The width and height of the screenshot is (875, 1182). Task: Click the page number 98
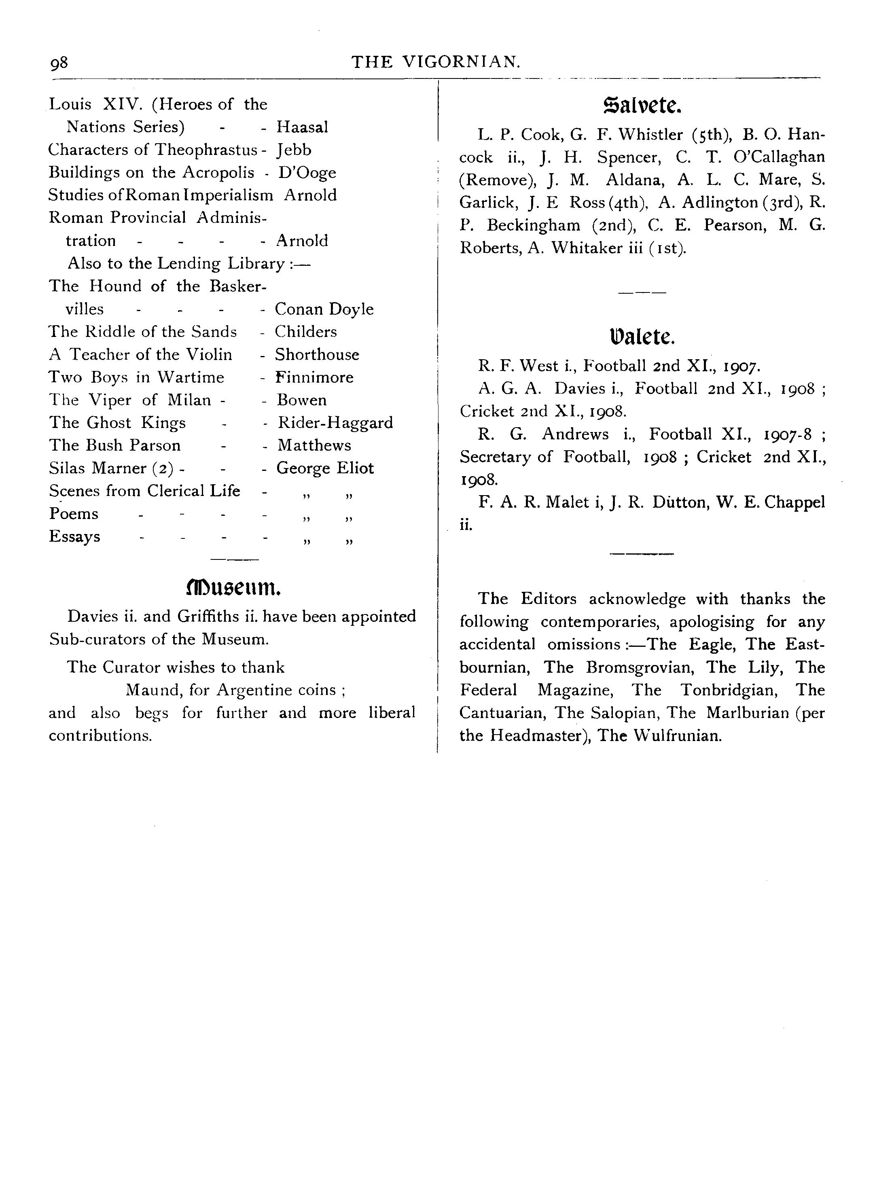[59, 63]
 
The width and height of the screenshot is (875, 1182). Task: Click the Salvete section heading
[642, 106]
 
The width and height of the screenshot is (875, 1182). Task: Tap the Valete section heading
[642, 337]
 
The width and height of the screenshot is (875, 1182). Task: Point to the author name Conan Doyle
[324, 309]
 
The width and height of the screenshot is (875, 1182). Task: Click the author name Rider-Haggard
[335, 423]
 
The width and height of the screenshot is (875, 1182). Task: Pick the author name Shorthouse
[317, 355]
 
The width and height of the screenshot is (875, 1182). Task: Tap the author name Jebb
[294, 150]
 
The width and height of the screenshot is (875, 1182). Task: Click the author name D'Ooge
[307, 173]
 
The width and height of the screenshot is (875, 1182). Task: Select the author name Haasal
[303, 127]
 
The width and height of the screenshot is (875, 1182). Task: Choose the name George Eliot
[325, 468]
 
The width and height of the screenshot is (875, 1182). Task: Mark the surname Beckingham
[533, 226]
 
